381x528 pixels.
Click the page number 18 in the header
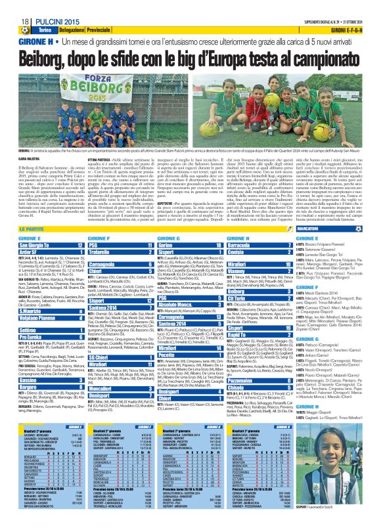tap(14, 7)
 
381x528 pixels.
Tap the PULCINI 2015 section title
tap(55, 7)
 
